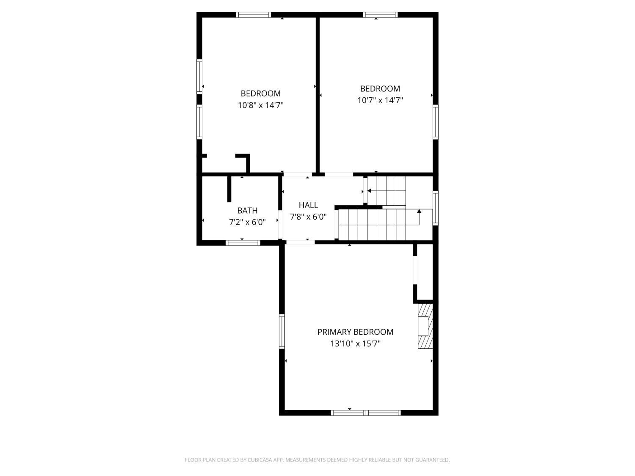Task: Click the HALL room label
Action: pyautogui.click(x=308, y=205)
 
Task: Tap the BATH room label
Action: pyautogui.click(x=247, y=210)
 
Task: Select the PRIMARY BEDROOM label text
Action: pyautogui.click(x=355, y=332)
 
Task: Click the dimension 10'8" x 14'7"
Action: pyautogui.click(x=261, y=105)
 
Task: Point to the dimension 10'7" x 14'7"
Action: pyautogui.click(x=380, y=100)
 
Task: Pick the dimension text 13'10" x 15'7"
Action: pyautogui.click(x=355, y=344)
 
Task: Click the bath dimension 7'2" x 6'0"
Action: pyautogui.click(x=247, y=222)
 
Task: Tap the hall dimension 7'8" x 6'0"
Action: pyautogui.click(x=308, y=217)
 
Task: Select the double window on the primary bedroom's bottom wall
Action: pyautogui.click(x=366, y=413)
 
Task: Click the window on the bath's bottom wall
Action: pyautogui.click(x=243, y=243)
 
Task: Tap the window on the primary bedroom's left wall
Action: pyautogui.click(x=282, y=331)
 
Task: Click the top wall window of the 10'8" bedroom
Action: pyautogui.click(x=254, y=15)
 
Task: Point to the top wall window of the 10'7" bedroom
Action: pyautogui.click(x=380, y=15)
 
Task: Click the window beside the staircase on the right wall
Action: pyautogui.click(x=435, y=208)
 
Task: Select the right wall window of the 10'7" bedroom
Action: pyautogui.click(x=435, y=122)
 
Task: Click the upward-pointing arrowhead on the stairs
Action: pyautogui.click(x=419, y=211)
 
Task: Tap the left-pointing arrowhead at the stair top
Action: pyautogui.click(x=369, y=191)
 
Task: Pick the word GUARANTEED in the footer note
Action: pyautogui.click(x=433, y=459)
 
